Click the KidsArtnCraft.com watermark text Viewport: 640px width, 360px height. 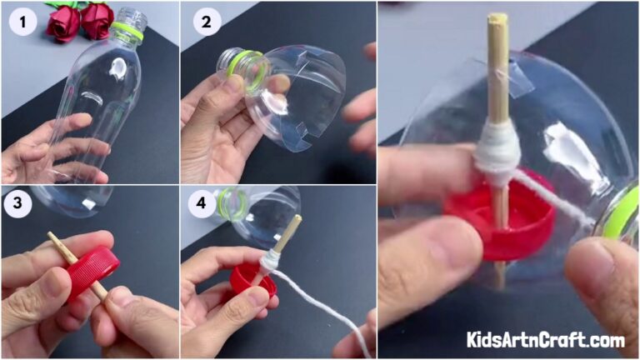pyautogui.click(x=546, y=340)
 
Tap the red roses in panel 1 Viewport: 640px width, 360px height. pyautogui.click(x=80, y=20)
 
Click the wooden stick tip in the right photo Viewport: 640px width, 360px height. pyautogui.click(x=497, y=18)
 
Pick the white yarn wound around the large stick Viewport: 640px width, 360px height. pyautogui.click(x=497, y=152)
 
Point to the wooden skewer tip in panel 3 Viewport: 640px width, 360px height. pyautogui.click(x=52, y=237)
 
